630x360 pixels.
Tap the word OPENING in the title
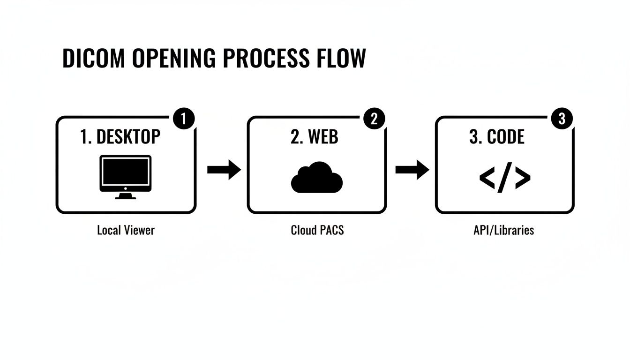click(x=173, y=59)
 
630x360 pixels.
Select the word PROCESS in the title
click(x=266, y=59)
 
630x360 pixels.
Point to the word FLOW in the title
click(x=340, y=59)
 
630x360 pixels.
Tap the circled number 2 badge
click(x=375, y=119)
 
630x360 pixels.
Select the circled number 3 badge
click(x=562, y=119)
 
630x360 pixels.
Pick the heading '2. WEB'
click(x=314, y=137)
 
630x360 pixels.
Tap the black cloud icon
click(x=317, y=178)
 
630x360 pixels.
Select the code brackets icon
click(x=505, y=178)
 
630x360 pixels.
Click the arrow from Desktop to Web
click(x=224, y=170)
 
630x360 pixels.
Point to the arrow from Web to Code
click(x=412, y=170)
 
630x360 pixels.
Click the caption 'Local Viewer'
click(x=126, y=231)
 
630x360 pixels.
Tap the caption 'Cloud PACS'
click(x=317, y=231)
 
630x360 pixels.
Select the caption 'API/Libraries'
click(x=504, y=231)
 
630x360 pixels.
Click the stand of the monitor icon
click(x=126, y=196)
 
